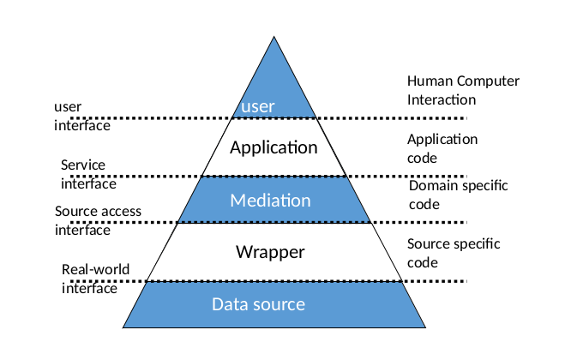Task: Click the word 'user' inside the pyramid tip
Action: [257, 106]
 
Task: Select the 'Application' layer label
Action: [273, 147]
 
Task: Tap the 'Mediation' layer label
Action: [270, 201]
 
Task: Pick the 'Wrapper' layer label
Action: [270, 252]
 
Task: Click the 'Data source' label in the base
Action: [258, 304]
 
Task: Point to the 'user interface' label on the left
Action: [82, 116]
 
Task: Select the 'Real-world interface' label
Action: [95, 279]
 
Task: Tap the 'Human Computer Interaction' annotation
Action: [463, 90]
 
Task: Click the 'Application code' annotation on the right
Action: [442, 148]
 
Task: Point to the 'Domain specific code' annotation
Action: [458, 195]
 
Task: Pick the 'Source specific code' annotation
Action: [454, 253]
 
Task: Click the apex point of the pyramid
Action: [274, 37]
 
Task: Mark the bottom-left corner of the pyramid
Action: [123, 327]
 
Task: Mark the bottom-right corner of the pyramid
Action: [425, 327]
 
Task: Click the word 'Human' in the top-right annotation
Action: [428, 81]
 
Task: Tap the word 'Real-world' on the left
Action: [95, 270]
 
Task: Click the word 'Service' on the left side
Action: [82, 165]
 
